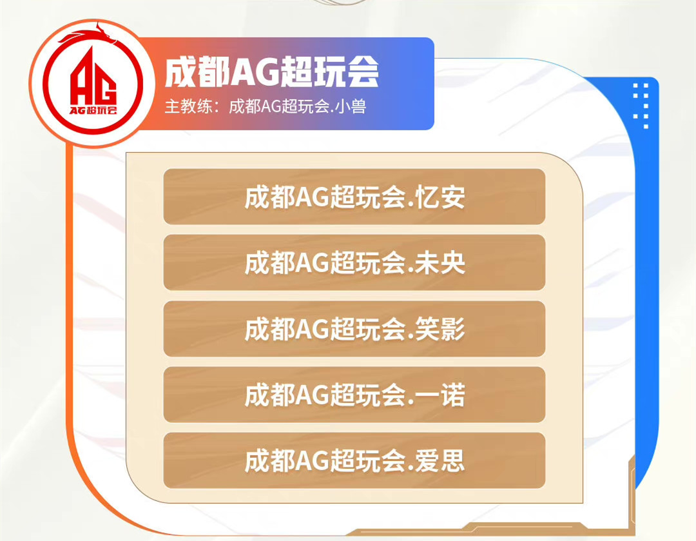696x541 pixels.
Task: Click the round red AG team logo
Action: point(94,84)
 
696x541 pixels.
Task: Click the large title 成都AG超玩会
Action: point(271,72)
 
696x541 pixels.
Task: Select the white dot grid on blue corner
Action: point(641,106)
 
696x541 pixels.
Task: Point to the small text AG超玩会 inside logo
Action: point(93,110)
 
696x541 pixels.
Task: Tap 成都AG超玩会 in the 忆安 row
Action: point(325,198)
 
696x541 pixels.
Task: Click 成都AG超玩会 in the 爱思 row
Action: point(325,461)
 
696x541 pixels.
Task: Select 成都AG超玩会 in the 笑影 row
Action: point(325,330)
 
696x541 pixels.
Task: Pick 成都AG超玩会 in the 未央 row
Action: point(325,264)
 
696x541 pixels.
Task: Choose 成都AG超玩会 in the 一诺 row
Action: point(325,395)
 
